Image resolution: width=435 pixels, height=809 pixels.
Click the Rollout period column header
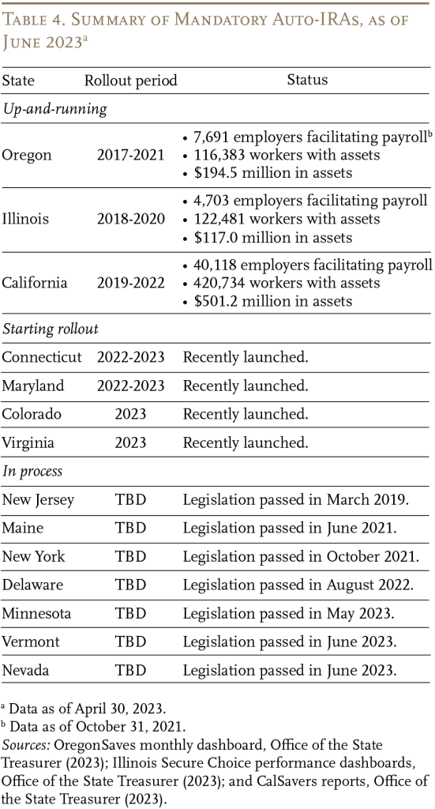131,81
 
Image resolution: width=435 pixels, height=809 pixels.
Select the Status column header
307,80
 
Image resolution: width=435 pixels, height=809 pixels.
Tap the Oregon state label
27,155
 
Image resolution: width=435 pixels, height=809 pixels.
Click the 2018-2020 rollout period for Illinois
131,219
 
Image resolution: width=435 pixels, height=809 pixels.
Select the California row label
35,283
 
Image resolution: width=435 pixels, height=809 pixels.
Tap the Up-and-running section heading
54,109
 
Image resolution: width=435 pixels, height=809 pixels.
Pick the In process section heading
32,471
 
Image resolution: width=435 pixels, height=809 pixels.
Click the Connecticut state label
42,357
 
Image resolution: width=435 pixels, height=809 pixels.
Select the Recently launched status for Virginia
246,442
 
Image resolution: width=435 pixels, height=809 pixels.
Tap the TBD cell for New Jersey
131,499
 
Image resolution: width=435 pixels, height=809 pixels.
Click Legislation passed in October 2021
301,556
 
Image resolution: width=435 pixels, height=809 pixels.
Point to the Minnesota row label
36,613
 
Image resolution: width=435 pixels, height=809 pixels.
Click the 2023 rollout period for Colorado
131,414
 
